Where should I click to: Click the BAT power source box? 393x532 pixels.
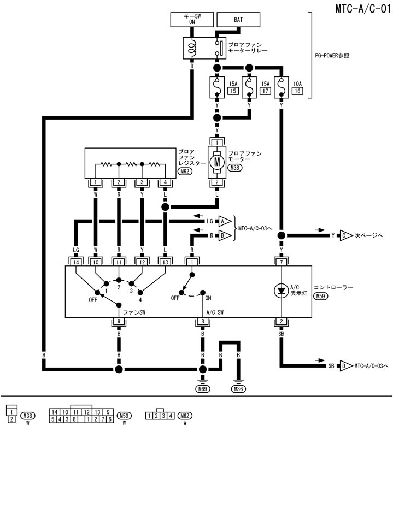pos(238,19)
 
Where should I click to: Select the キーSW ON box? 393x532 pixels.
pos(192,19)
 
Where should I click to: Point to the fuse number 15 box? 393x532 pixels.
pos(233,91)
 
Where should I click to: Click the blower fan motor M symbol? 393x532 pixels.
pos(217,162)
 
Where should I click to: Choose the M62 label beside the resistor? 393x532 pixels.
pos(185,171)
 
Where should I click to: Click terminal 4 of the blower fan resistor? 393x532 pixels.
pos(165,182)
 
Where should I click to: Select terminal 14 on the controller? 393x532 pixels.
pos(77,262)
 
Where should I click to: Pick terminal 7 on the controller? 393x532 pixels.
pos(281,262)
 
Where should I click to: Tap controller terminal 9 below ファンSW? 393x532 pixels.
pos(119,322)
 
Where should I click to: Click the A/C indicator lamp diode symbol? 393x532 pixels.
pos(281,291)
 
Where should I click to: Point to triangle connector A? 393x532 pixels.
pos(222,221)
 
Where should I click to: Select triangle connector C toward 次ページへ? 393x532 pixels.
pos(345,236)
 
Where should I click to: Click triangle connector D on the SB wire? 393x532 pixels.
pos(345,365)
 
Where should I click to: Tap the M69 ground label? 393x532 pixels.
pos(203,389)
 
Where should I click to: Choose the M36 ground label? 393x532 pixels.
pos(239,389)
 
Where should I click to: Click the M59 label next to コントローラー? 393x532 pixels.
pos(321,296)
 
